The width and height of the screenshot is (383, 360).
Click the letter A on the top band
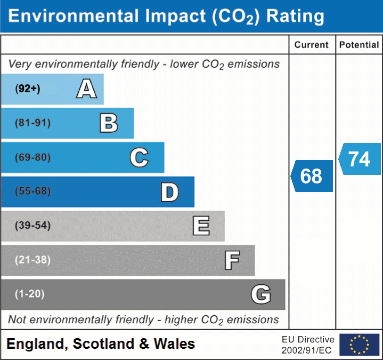click(x=86, y=89)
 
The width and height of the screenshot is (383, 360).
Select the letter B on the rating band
click(x=109, y=123)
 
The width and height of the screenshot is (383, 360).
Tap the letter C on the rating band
click(x=139, y=158)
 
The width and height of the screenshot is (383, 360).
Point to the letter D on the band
click(x=169, y=192)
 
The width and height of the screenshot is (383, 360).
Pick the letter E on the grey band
click(x=201, y=226)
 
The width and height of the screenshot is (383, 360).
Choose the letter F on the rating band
click(x=232, y=261)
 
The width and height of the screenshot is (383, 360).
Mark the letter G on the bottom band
click(x=261, y=294)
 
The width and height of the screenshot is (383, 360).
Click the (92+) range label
click(x=28, y=89)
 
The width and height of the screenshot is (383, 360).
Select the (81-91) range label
click(x=33, y=123)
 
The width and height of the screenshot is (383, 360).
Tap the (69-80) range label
click(x=33, y=158)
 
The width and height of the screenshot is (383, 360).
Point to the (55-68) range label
click(x=33, y=191)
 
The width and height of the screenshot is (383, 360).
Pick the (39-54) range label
click(x=33, y=226)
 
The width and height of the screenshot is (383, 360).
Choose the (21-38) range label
click(x=33, y=260)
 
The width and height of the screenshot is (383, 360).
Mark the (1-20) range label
click(x=30, y=294)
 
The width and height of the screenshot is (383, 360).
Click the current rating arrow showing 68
click(x=312, y=176)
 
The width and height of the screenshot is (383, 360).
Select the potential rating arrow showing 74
click(x=360, y=159)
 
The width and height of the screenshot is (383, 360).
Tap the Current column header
click(x=312, y=45)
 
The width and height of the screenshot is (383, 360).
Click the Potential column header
click(x=359, y=45)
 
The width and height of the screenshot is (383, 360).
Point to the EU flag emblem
click(x=359, y=345)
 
